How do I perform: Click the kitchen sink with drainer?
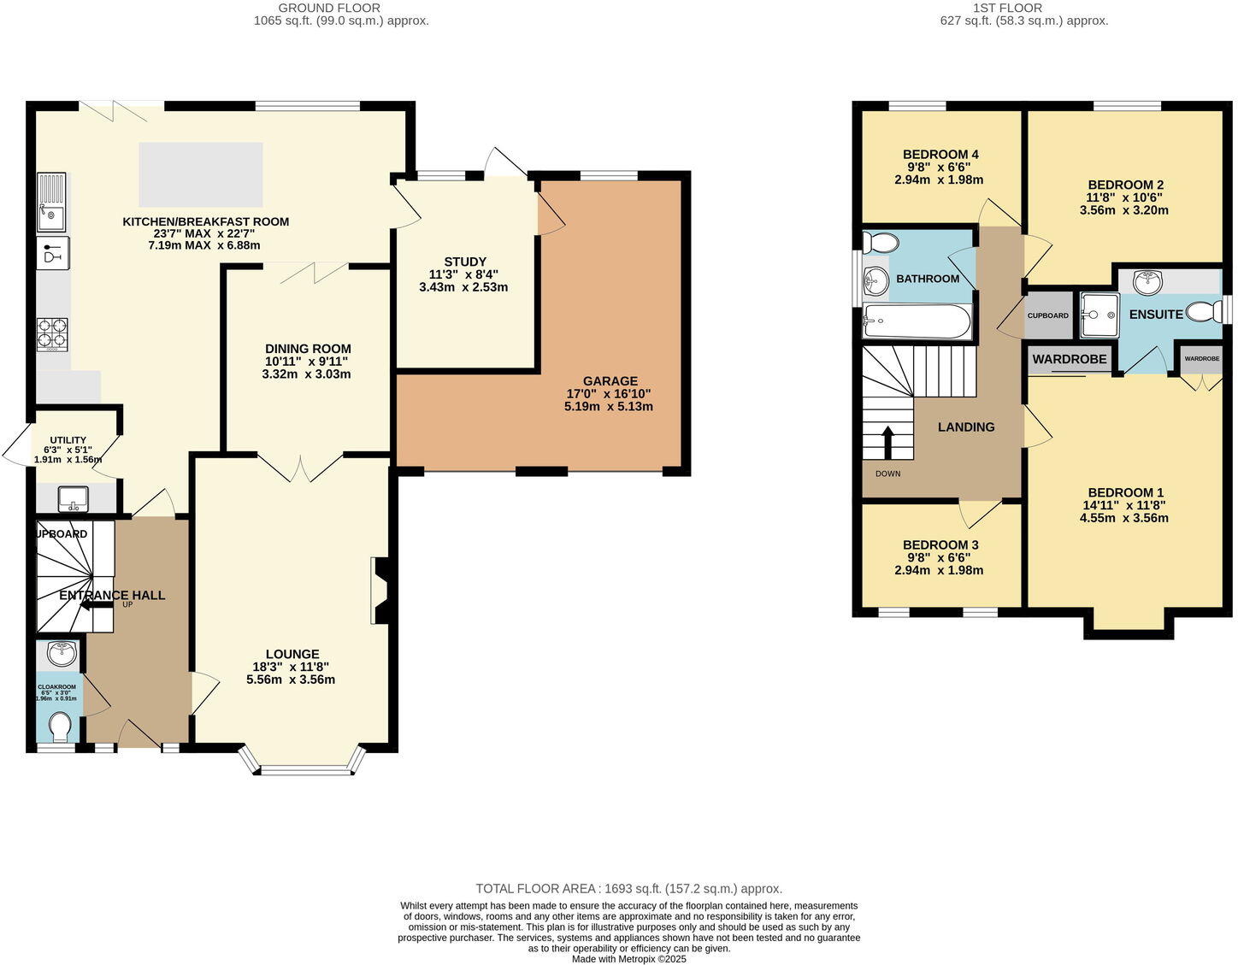[x=50, y=203]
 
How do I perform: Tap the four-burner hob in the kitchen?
[x=52, y=333]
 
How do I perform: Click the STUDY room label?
[x=464, y=262]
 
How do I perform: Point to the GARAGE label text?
[x=610, y=381]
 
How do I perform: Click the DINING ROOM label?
[x=308, y=349]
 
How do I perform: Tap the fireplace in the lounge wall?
[x=380, y=591]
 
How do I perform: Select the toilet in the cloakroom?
[x=60, y=727]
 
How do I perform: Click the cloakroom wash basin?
[x=60, y=655]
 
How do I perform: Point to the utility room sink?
[x=74, y=497]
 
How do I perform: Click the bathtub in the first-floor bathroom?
[x=917, y=322]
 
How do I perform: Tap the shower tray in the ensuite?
[x=1098, y=315]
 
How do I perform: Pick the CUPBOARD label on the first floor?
[x=1047, y=315]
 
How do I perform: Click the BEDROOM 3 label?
[x=940, y=544]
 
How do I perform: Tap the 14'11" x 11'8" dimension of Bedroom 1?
[x=1123, y=505]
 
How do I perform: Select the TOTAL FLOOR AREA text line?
[x=628, y=889]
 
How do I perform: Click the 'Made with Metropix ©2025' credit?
[x=628, y=959]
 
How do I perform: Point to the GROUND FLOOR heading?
[x=341, y=8]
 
